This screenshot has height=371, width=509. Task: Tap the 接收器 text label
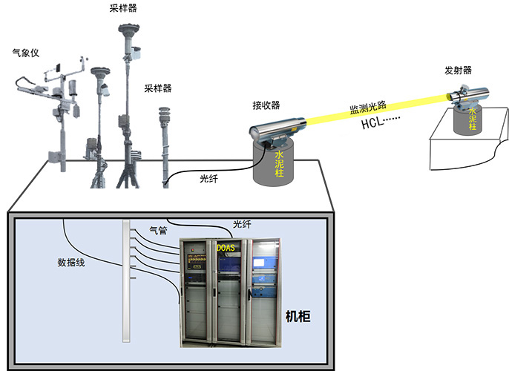[266, 105]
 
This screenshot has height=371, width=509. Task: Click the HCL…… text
[381, 123]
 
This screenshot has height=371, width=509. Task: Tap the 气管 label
[159, 231]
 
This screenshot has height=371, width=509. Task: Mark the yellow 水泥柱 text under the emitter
[472, 119]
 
